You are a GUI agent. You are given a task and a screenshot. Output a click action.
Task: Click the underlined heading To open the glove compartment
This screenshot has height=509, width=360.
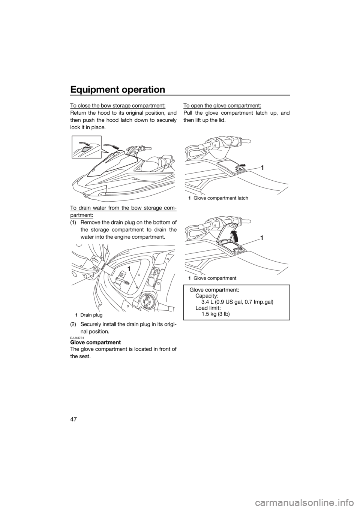click(222, 106)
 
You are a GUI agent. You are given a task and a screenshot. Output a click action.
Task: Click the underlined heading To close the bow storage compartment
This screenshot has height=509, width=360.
click(118, 106)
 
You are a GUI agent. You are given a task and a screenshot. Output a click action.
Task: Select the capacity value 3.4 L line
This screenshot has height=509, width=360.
click(237, 302)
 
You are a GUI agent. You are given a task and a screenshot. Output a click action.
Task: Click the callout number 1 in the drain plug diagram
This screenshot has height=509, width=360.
click(129, 269)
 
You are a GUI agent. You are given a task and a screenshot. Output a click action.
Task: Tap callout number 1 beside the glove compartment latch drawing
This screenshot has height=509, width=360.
click(262, 168)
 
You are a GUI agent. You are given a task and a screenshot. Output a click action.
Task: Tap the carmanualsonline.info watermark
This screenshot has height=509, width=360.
click(316, 502)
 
